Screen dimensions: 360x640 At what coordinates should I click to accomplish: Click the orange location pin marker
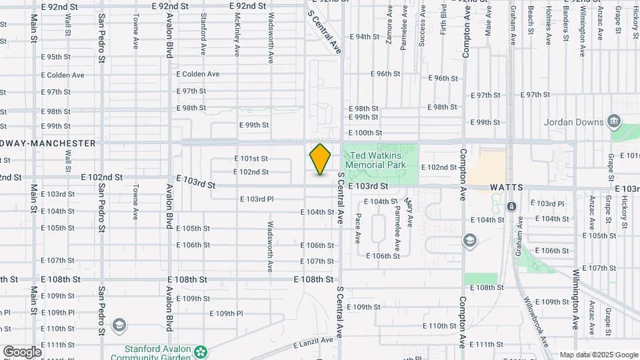pyautogui.click(x=321, y=159)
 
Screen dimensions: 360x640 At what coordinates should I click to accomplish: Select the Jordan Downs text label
pyautogui.click(x=573, y=122)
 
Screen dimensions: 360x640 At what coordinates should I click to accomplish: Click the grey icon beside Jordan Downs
pyautogui.click(x=614, y=121)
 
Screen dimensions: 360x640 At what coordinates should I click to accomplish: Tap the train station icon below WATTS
pyautogui.click(x=511, y=206)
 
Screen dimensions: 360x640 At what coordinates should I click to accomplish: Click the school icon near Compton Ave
pyautogui.click(x=470, y=239)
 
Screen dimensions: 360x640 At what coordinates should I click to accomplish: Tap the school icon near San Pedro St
pyautogui.click(x=119, y=325)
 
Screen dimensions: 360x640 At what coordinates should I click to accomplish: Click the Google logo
pyautogui.click(x=21, y=351)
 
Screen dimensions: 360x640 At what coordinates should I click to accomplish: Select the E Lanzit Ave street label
pyautogui.click(x=313, y=342)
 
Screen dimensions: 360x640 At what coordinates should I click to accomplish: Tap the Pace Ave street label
pyautogui.click(x=358, y=227)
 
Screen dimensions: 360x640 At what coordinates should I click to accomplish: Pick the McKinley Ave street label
pyautogui.click(x=237, y=35)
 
